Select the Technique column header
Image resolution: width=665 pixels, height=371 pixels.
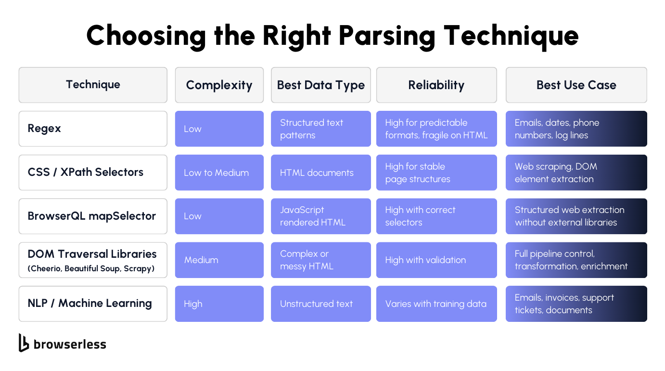coord(93,85)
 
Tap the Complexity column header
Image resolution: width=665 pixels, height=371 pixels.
coord(219,85)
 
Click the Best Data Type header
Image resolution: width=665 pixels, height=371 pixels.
coord(320,85)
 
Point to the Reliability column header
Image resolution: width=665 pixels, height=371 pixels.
coord(436,85)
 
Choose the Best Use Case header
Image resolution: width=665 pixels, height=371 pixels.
coord(576,85)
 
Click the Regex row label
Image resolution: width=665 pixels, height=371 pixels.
coord(44,129)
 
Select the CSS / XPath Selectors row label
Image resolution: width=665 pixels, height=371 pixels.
coord(86,172)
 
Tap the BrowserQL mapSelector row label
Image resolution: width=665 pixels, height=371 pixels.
coord(92,216)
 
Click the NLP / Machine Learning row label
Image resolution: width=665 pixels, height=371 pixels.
coord(90,304)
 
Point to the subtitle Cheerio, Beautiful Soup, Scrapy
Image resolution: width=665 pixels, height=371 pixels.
coord(91,269)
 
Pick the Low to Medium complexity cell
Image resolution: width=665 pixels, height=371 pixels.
coord(219,172)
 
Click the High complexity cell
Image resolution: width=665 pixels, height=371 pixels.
coord(219,304)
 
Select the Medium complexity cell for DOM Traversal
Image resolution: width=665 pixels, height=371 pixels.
coord(219,260)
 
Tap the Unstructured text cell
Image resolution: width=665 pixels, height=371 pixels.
coord(320,304)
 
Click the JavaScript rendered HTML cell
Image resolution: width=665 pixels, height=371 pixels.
coord(320,216)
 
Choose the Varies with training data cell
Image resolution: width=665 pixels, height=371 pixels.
coord(436,304)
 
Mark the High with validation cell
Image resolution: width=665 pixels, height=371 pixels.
coord(436,260)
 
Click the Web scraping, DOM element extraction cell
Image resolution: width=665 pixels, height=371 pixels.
coord(576,172)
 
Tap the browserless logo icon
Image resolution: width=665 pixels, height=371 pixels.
coord(24,343)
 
